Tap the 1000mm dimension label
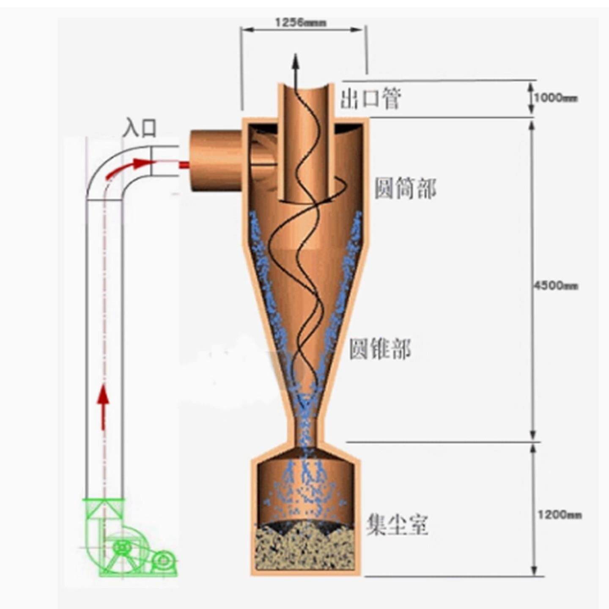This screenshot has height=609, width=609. [555, 99]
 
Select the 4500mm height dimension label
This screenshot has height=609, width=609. [555, 286]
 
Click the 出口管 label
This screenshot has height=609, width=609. [370, 99]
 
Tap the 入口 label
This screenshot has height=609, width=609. [140, 127]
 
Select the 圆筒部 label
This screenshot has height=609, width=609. [405, 189]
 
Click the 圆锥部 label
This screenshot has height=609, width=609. [379, 349]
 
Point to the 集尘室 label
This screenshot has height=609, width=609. [397, 525]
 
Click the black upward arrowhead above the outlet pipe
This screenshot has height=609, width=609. [296, 62]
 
